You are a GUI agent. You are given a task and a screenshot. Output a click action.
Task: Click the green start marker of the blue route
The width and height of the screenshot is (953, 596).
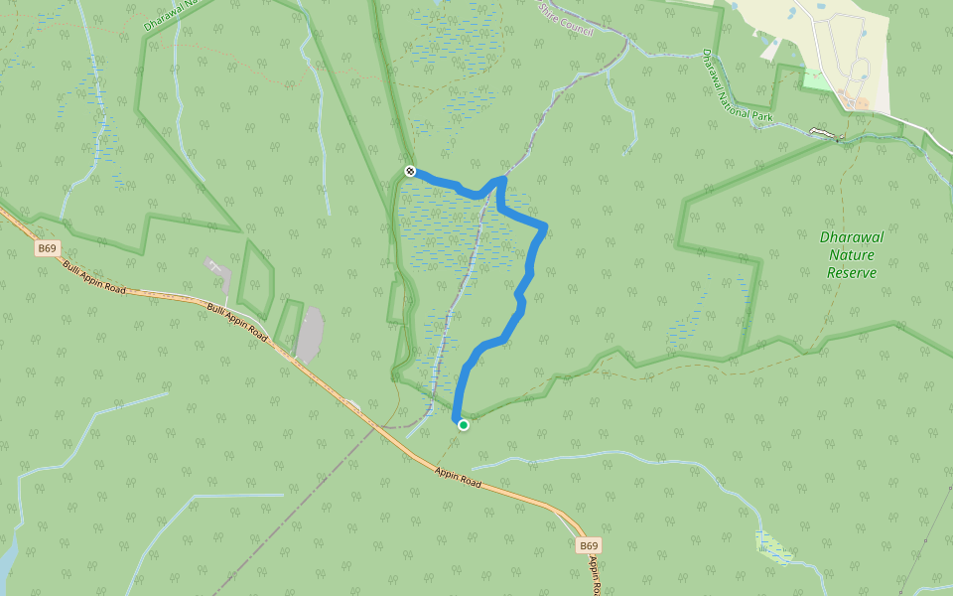click(x=463, y=425)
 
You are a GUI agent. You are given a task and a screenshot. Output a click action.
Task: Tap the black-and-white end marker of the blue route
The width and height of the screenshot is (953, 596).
click(x=410, y=171)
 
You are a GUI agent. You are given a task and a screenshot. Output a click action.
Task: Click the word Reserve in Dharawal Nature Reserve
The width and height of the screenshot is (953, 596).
click(x=852, y=272)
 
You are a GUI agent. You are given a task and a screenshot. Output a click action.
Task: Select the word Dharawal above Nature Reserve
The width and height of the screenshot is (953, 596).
click(x=852, y=237)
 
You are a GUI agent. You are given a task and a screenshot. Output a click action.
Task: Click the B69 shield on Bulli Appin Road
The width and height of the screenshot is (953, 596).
click(x=47, y=248)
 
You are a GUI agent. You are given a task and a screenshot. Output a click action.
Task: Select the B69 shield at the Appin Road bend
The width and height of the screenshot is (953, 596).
click(x=589, y=545)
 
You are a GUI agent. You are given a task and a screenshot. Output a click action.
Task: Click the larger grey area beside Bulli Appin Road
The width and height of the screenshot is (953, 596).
click(x=310, y=335)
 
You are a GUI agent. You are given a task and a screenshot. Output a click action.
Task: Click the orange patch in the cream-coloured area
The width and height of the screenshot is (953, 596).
click(x=861, y=102)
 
